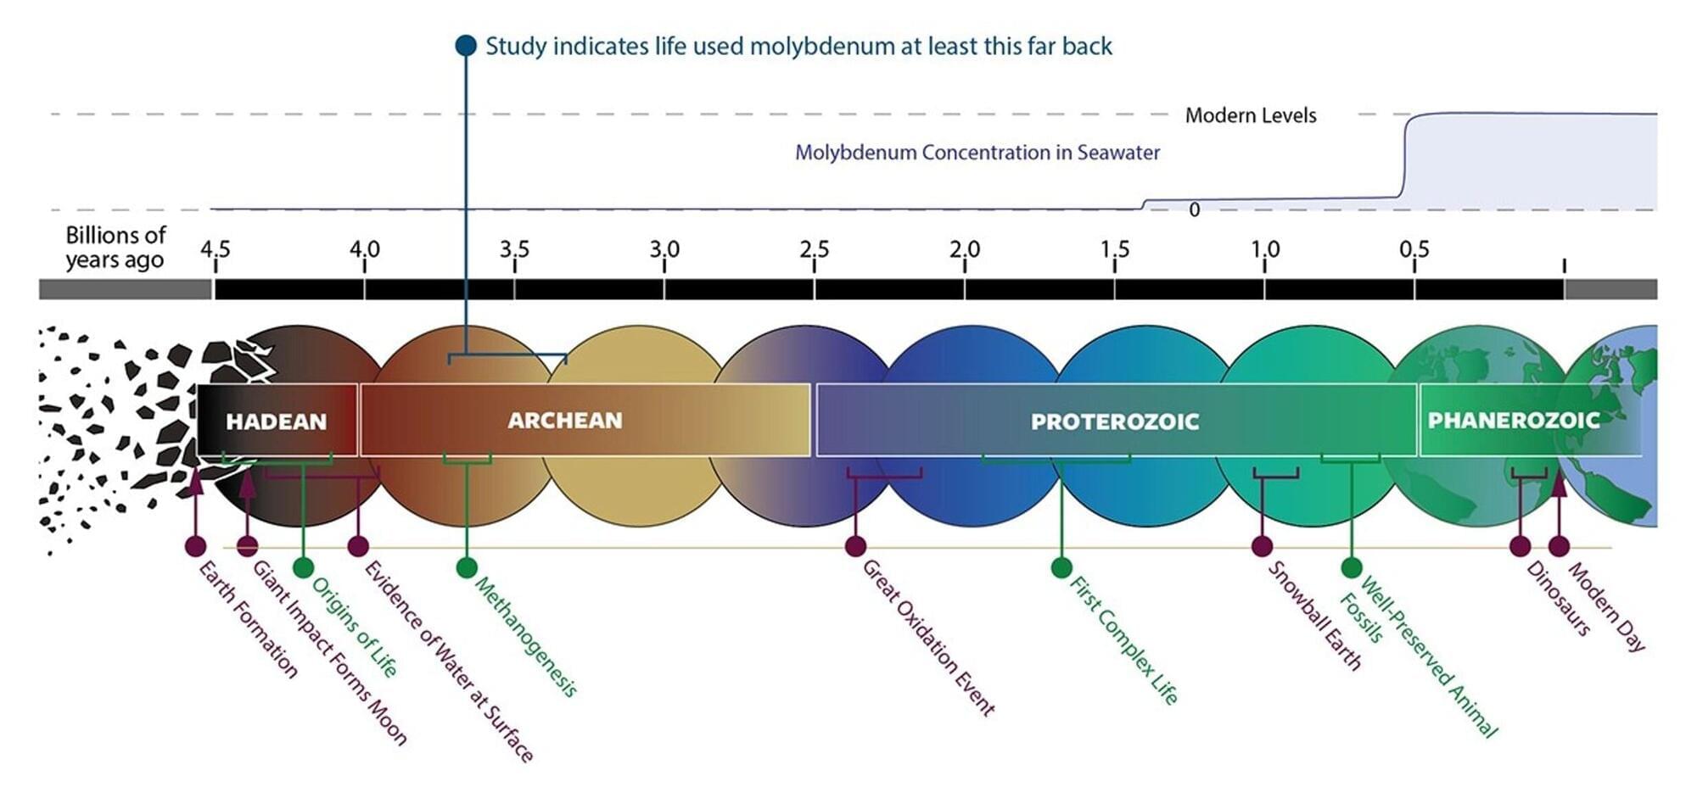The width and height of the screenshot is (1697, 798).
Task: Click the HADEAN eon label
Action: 276,421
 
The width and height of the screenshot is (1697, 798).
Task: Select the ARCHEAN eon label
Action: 565,421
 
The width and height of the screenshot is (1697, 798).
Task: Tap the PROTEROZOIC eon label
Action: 1115,421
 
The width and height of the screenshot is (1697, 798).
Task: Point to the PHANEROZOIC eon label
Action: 1514,420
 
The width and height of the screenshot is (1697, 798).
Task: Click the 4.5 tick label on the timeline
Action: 215,249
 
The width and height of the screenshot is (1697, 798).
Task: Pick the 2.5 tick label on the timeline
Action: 814,249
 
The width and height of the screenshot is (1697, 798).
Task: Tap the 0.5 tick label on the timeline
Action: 1414,249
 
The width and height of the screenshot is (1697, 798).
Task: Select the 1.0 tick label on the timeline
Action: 1264,249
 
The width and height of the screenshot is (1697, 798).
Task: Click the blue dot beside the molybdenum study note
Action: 466,46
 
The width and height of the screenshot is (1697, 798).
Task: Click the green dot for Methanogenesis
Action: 466,567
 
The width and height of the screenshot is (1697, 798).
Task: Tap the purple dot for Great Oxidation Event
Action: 855,546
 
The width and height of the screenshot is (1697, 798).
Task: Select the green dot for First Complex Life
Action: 1061,567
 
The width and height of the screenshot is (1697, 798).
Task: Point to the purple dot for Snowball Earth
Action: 1263,546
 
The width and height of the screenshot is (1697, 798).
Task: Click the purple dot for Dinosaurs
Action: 1521,546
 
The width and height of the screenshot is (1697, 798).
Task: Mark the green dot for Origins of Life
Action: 303,567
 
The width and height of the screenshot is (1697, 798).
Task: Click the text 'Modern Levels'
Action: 1251,115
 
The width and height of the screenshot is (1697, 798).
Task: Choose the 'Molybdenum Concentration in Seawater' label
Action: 977,153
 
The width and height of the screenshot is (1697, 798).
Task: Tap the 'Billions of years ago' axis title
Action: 115,247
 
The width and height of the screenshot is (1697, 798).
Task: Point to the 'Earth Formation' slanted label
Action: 248,619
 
